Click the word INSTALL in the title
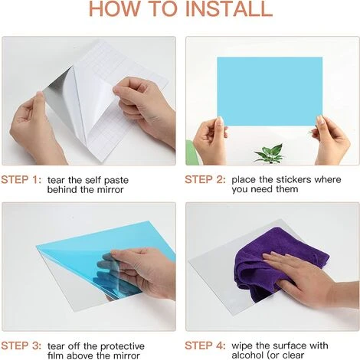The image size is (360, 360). (x=228, y=8)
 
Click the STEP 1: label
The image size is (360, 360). (x=21, y=180)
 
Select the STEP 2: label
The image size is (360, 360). (x=205, y=179)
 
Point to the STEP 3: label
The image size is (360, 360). (x=21, y=346)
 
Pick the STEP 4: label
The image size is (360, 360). (x=205, y=345)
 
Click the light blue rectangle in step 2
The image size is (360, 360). (x=270, y=91)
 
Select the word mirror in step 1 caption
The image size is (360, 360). (x=110, y=190)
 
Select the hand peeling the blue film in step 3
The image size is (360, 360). (x=143, y=270)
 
